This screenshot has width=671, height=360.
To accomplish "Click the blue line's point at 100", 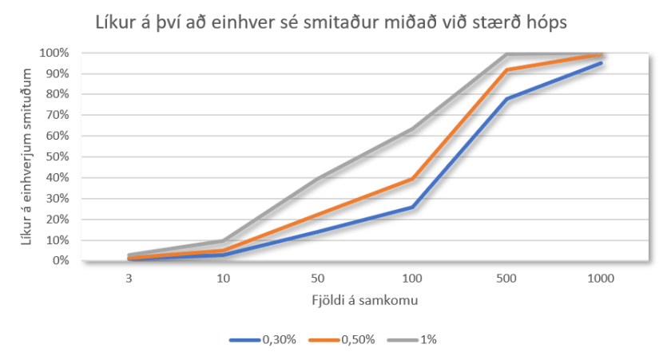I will click(x=412, y=208).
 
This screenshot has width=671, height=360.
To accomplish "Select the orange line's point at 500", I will click(x=506, y=70).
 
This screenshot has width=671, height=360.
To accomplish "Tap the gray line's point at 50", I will click(x=318, y=179).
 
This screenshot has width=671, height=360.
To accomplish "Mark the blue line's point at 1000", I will click(x=600, y=63).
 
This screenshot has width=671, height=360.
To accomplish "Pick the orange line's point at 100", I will click(x=412, y=179).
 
